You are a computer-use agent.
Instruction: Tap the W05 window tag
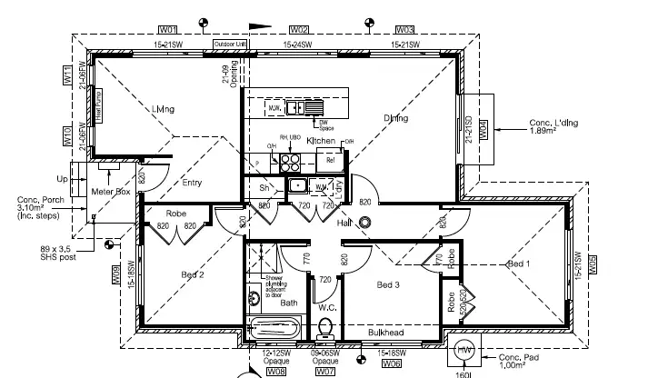pos(593,264)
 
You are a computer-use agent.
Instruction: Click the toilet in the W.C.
pos(328,328)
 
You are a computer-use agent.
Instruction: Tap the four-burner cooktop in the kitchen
pos(289,163)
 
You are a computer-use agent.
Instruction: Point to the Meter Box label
pos(111,193)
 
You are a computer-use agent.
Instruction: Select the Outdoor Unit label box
pos(230,44)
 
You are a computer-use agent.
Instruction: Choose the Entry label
pos(192,183)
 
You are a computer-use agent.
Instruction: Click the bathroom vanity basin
pos(254,297)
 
